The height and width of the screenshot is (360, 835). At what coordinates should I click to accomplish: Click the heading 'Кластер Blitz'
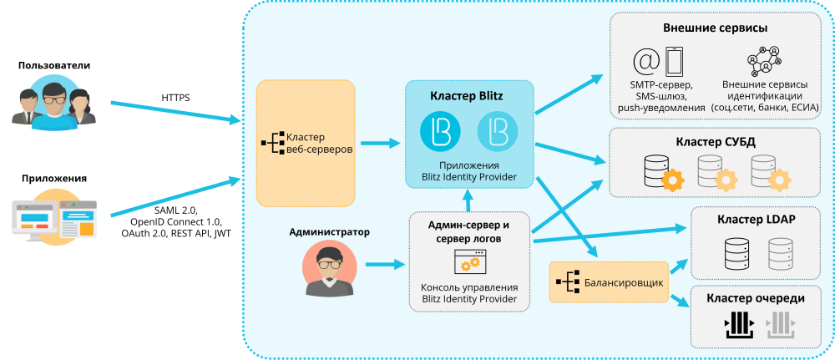[x=467, y=96]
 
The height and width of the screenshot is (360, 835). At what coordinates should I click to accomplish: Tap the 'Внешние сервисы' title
[x=716, y=28]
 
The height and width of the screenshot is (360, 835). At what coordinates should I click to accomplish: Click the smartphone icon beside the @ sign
[x=674, y=63]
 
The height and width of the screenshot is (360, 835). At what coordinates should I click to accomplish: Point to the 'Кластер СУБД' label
[x=715, y=142]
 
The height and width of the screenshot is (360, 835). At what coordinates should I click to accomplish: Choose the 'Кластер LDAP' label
[x=756, y=220]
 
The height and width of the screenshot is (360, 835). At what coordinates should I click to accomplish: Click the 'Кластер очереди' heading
[x=756, y=298]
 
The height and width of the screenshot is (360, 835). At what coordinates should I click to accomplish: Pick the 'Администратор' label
[x=329, y=231]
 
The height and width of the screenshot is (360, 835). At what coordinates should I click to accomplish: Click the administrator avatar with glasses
[x=330, y=268]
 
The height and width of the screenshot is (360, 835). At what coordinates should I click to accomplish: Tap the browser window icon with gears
[x=468, y=263]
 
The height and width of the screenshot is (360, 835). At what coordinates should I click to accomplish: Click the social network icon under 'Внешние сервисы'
[x=764, y=62]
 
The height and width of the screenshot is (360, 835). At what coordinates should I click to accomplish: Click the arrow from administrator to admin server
[x=382, y=266]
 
